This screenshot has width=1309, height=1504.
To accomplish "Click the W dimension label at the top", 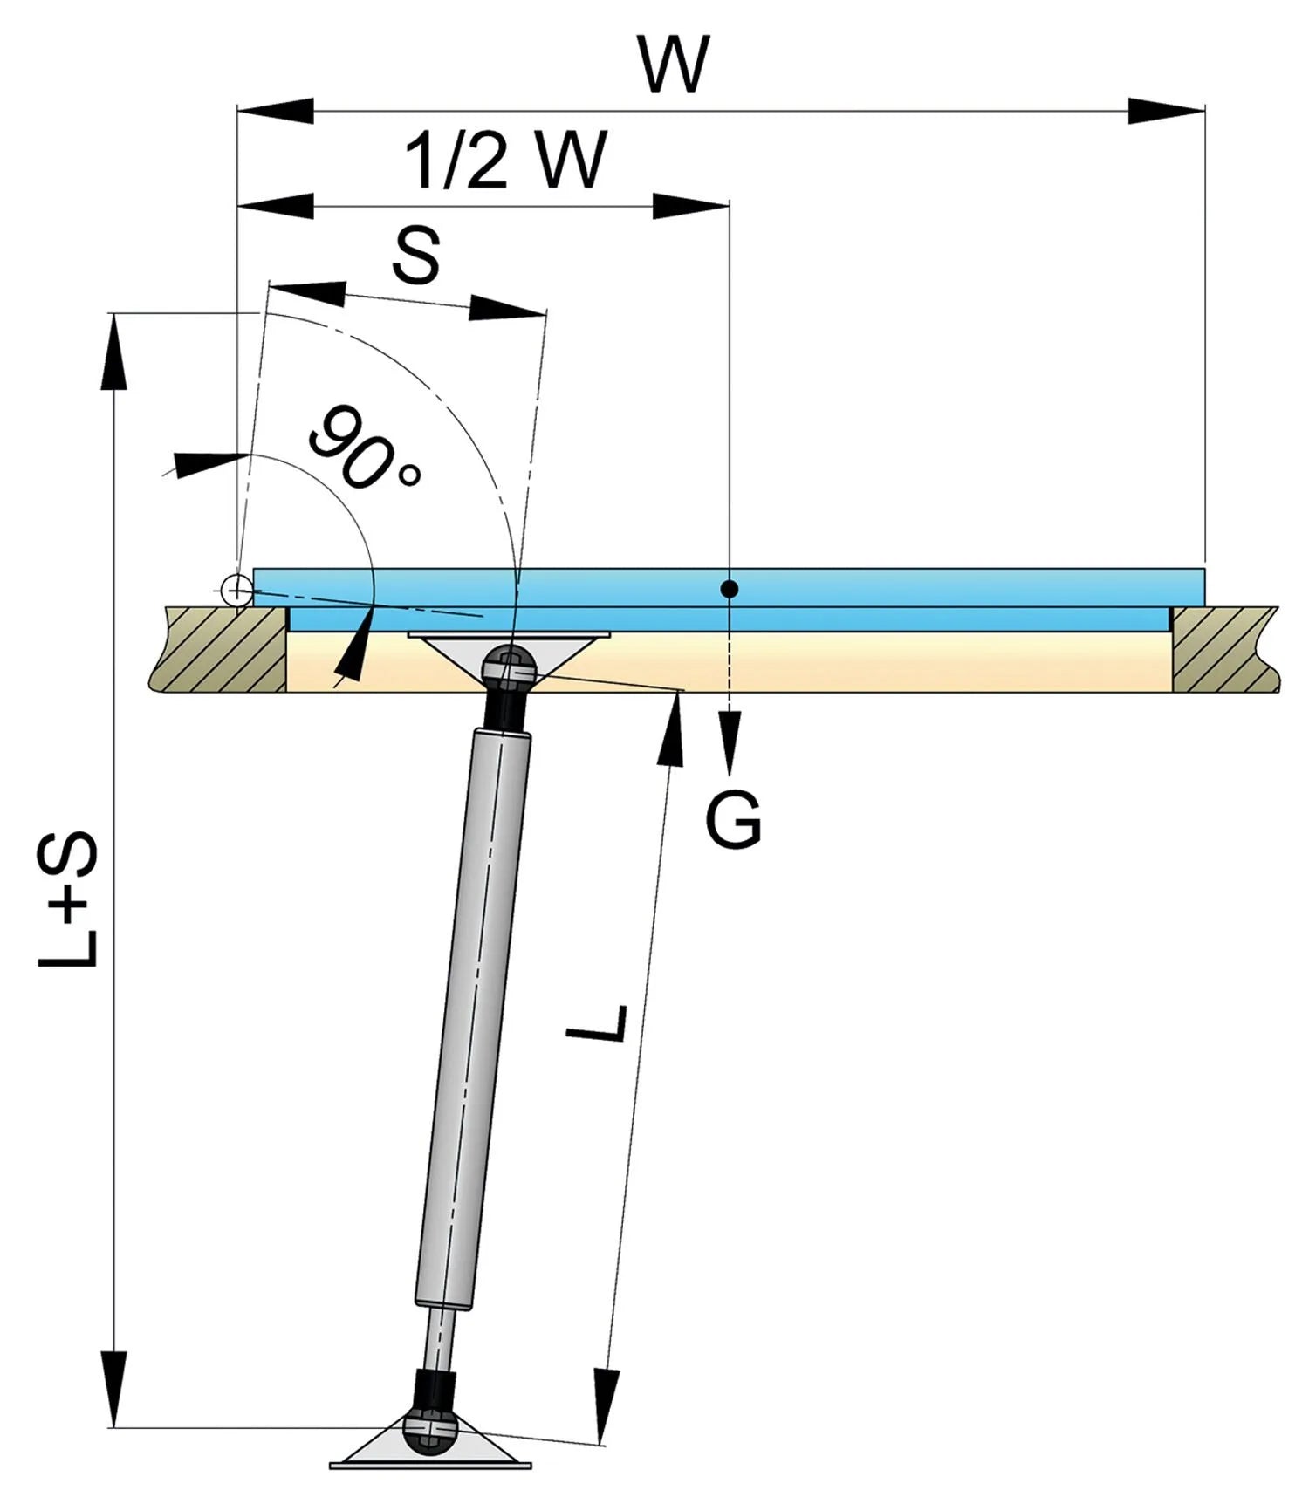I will click(x=672, y=65).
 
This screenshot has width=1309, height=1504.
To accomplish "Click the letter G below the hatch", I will click(x=733, y=820).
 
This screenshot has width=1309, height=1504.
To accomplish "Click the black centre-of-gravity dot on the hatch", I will click(x=730, y=590).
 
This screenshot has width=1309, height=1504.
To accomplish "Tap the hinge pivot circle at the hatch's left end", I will click(x=236, y=591).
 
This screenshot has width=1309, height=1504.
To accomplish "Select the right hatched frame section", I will click(x=1222, y=650).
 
